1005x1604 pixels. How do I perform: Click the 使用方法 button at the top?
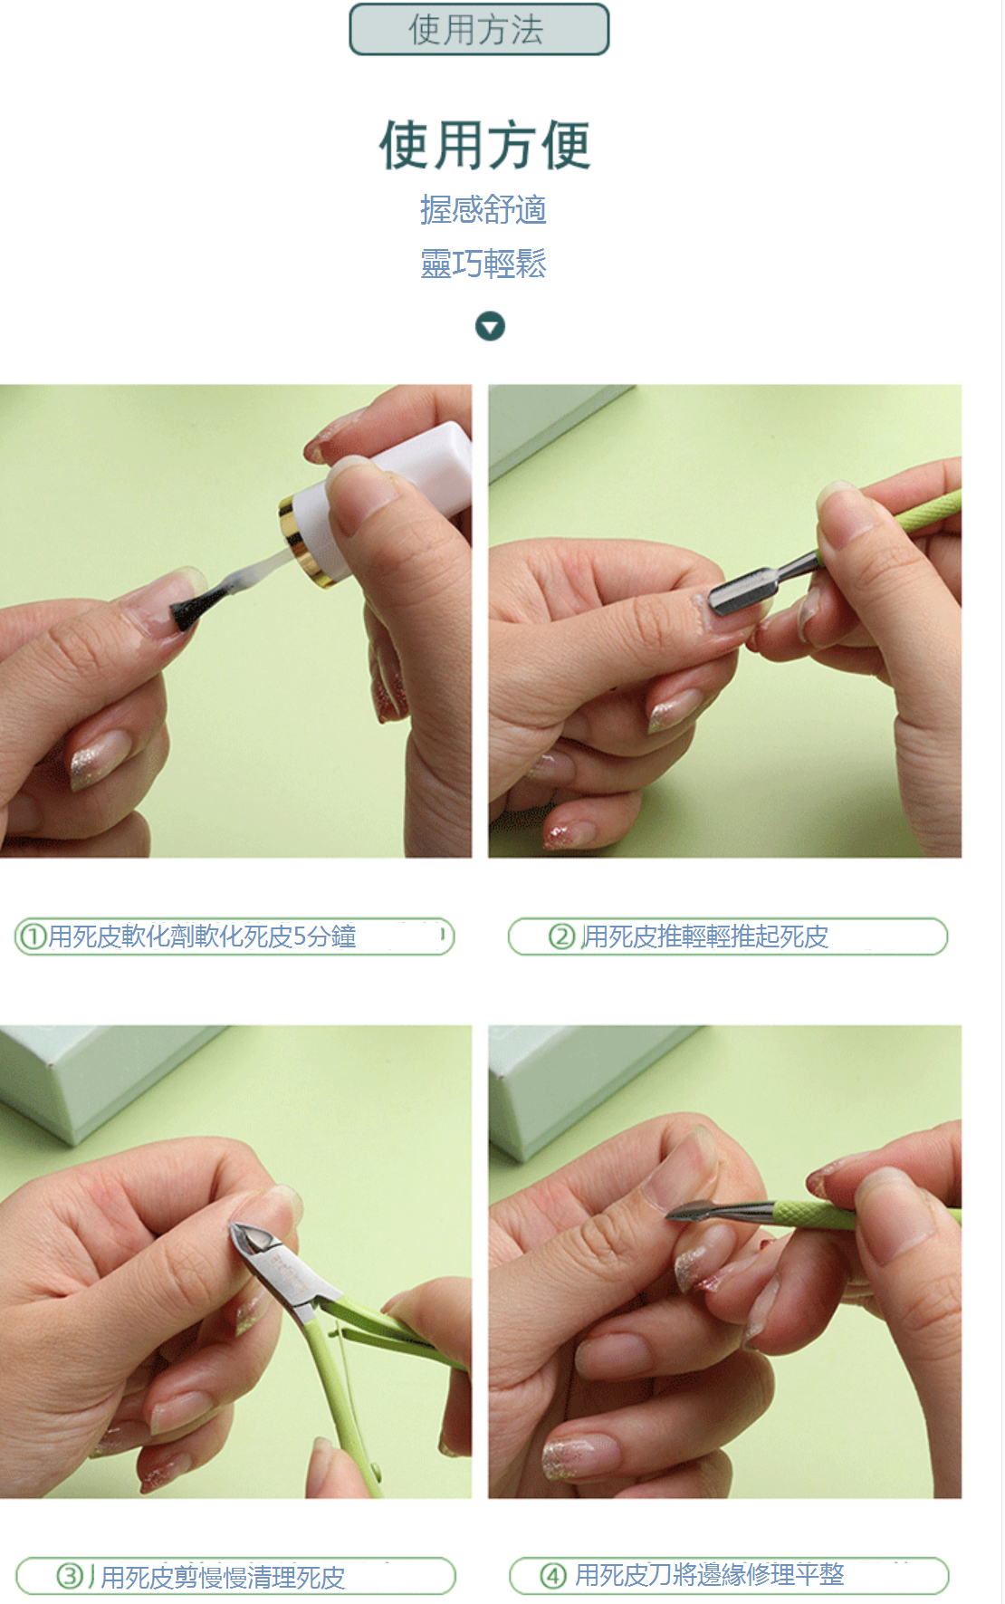[x=479, y=30]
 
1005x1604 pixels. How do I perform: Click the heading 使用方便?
[x=484, y=145]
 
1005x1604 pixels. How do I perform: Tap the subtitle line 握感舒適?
[x=483, y=209]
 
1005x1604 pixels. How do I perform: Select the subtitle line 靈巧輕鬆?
[x=483, y=264]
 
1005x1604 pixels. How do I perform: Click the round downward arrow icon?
[x=490, y=326]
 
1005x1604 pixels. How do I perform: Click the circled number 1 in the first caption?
[x=33, y=936]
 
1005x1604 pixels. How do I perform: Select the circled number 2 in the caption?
[x=562, y=936]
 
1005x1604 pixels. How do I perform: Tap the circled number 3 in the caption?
[x=70, y=1577]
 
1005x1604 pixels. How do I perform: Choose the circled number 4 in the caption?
[x=553, y=1576]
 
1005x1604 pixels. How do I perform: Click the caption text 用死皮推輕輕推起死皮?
[x=704, y=936]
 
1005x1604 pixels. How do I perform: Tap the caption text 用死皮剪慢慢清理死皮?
[x=223, y=1578]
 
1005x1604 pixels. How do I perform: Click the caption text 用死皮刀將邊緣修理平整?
[x=710, y=1575]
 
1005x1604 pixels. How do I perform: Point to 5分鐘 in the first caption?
[x=324, y=936]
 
